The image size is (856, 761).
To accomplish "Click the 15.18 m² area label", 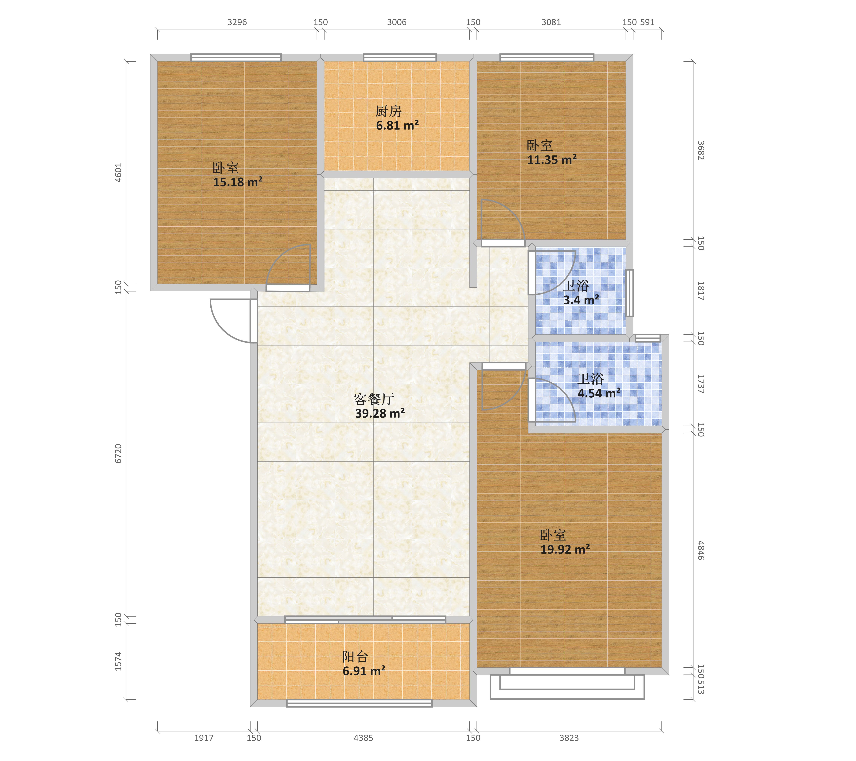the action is click(237, 182).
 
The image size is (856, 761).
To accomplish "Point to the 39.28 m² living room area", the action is click(380, 413).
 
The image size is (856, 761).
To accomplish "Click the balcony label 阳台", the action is click(355, 656).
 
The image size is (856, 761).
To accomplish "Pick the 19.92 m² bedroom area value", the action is click(565, 549).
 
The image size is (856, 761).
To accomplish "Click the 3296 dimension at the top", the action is click(237, 22).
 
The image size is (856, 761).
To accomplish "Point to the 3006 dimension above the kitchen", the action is click(397, 22).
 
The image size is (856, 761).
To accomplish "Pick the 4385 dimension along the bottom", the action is click(363, 738).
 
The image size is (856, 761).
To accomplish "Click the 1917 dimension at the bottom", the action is click(204, 738).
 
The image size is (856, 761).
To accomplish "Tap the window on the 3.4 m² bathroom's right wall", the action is click(629, 293).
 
